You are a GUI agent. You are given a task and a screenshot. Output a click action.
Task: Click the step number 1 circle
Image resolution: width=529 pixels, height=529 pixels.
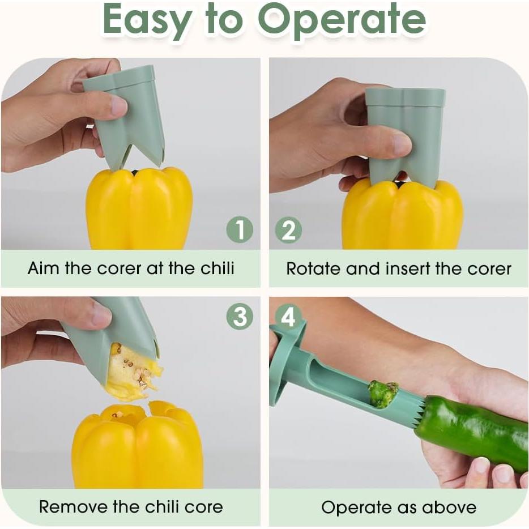[240, 230]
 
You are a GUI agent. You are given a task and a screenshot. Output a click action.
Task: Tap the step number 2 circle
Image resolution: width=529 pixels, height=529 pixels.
[289, 230]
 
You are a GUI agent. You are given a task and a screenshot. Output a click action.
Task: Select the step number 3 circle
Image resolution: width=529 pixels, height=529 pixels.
[240, 316]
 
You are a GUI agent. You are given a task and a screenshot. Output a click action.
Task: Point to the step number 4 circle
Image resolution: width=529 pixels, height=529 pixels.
[288, 317]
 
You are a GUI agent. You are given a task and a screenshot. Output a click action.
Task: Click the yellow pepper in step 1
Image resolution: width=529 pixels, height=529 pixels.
[139, 210]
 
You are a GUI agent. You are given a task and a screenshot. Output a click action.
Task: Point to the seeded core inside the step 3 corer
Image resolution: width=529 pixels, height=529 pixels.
[133, 371]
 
